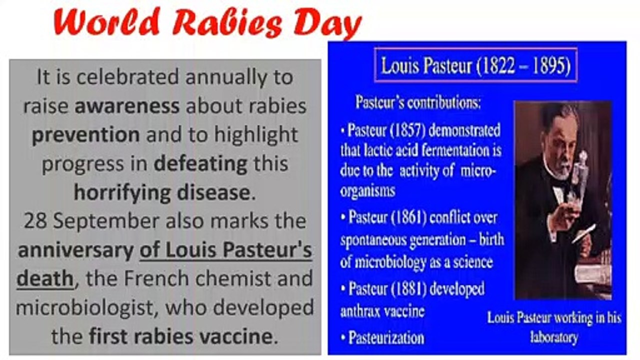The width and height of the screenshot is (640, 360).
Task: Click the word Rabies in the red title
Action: (227, 23)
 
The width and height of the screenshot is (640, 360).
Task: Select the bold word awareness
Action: (127, 106)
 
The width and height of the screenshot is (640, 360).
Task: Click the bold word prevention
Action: (86, 135)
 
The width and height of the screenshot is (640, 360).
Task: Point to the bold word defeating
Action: (200, 164)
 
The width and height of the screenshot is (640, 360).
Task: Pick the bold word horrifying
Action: (122, 193)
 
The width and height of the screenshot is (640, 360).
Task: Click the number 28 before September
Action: (35, 221)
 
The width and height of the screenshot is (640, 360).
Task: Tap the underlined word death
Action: (45, 278)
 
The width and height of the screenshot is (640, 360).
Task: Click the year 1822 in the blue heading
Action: (499, 65)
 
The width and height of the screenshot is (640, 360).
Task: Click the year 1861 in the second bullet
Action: (408, 217)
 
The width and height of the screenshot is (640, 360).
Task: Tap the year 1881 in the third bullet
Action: (408, 288)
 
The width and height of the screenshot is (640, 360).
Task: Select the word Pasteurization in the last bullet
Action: (386, 337)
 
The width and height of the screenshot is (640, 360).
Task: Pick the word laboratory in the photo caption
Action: (554, 337)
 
